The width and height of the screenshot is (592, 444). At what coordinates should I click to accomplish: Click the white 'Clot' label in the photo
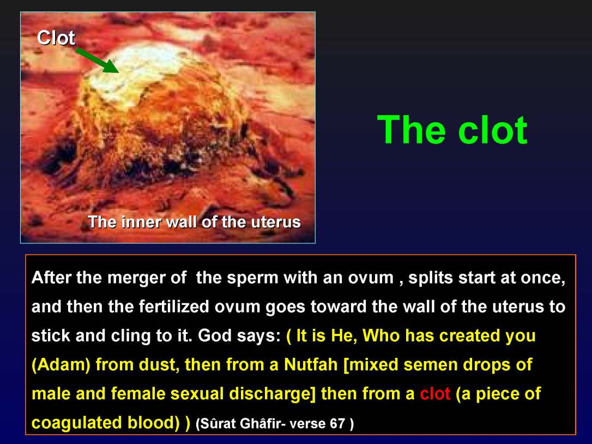point(56,38)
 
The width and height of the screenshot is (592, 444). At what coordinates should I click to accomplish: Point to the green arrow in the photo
point(97,59)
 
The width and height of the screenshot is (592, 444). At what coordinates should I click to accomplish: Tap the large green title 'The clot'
point(452,130)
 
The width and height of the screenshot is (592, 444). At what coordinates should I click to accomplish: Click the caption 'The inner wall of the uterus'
point(194,223)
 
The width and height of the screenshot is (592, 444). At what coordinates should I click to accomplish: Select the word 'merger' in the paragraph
point(137,278)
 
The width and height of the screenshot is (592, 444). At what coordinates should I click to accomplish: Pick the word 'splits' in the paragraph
point(434,278)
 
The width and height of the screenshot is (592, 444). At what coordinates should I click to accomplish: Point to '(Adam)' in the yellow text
point(61,365)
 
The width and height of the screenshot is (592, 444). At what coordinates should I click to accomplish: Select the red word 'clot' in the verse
point(434,394)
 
